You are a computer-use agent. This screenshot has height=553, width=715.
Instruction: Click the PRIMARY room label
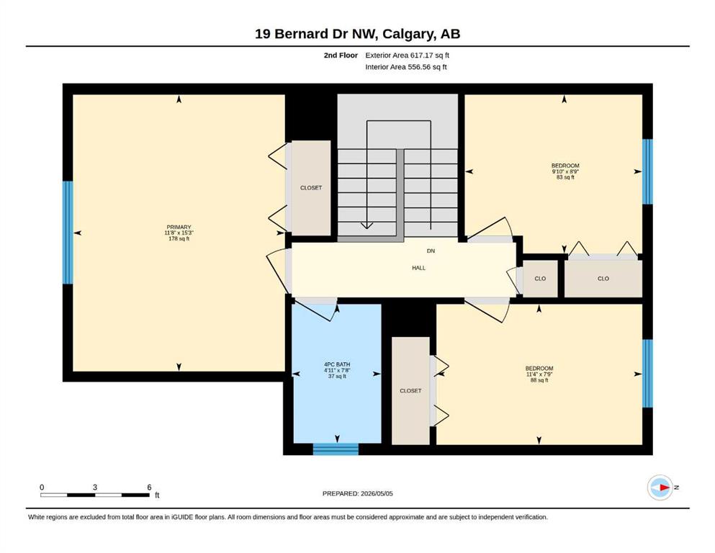point(179,227)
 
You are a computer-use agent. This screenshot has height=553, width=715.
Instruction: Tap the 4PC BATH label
point(337,364)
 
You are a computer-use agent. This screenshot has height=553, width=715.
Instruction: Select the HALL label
point(418,268)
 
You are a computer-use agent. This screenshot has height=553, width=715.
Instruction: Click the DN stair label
point(431,251)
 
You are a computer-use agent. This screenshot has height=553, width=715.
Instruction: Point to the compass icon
point(660,487)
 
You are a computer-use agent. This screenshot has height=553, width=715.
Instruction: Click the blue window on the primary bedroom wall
point(68,233)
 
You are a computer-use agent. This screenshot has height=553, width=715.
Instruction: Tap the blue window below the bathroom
point(336,449)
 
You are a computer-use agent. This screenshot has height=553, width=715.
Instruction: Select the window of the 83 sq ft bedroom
point(647,171)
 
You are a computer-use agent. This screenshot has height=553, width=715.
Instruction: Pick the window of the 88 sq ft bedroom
point(647,374)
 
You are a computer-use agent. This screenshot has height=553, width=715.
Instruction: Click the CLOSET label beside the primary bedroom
point(311,188)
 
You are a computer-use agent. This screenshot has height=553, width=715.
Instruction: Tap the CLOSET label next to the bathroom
point(410,391)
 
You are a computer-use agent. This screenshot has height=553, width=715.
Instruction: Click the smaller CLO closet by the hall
point(540,279)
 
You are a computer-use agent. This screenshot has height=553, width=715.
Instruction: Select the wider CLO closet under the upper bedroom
point(603,279)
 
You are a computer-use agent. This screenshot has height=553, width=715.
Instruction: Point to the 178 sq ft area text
point(179,238)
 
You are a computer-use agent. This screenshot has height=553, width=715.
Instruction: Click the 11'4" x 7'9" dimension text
point(539,374)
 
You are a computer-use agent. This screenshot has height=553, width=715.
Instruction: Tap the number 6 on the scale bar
point(149,487)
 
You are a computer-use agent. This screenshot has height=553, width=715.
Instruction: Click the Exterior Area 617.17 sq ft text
point(408,55)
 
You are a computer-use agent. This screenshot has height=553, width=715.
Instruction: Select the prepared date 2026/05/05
point(377,493)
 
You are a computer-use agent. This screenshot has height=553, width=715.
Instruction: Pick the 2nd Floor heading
point(341,55)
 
